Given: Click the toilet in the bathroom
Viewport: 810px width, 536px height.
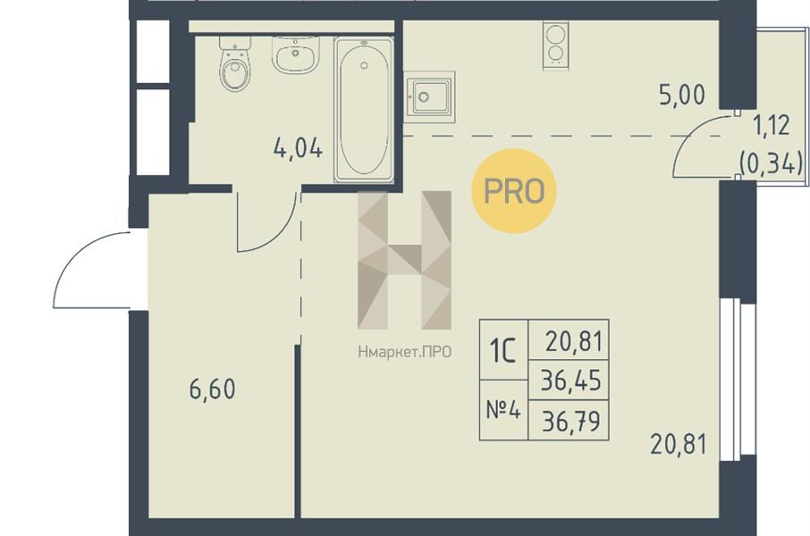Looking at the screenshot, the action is point(235,64).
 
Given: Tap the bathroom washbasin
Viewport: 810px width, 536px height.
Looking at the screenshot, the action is point(297,54).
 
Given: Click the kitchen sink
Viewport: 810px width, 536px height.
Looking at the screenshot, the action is point(429,97).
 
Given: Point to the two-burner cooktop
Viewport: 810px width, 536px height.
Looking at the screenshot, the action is point(555,45).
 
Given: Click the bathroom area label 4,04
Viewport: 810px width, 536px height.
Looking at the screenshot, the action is point(298,148).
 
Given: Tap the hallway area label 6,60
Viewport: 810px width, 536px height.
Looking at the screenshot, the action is point(212,389).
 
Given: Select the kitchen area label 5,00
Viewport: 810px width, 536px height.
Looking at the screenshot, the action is point(682,96).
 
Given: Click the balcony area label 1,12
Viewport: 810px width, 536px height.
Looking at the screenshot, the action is point(772,125).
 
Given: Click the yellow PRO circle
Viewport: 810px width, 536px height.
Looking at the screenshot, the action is point(514,190).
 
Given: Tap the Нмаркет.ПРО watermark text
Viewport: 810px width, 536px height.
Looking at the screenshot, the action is point(404,352).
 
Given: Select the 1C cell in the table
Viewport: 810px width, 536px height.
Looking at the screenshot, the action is point(503,350).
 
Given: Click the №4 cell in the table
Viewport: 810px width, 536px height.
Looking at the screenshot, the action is point(503,411).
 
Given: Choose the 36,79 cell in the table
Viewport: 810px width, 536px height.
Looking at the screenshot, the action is point(570,421).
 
